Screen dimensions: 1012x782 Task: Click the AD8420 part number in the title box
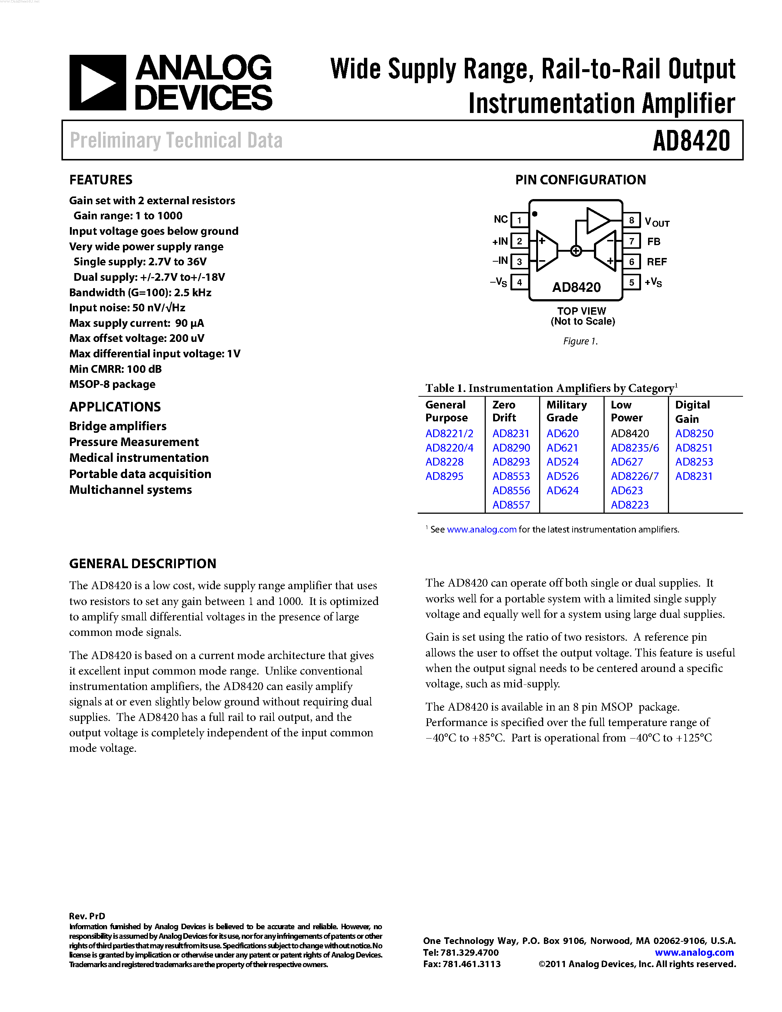(691, 141)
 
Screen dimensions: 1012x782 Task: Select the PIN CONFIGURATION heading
(580, 180)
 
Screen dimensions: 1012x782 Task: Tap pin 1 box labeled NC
(519, 220)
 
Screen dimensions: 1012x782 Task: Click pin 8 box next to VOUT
(631, 220)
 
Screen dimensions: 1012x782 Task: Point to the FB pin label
(654, 241)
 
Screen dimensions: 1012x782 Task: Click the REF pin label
(657, 262)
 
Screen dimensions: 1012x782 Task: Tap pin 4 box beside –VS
(519, 282)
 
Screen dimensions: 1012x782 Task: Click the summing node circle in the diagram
(576, 251)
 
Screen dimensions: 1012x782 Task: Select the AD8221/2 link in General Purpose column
(449, 434)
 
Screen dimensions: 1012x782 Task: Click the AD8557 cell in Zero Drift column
(511, 505)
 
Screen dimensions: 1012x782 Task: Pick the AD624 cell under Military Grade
(562, 491)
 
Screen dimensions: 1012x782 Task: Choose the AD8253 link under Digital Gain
(694, 462)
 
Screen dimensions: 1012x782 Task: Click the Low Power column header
(626, 411)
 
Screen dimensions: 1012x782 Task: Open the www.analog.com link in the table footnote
(481, 530)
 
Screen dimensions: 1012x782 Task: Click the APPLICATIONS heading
(115, 407)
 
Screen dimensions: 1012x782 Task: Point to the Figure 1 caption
(580, 342)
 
